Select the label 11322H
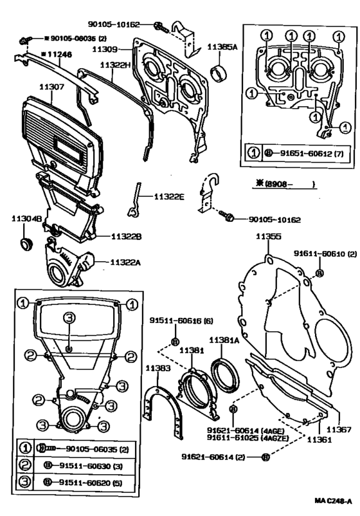click(115, 66)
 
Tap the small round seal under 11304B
click(26, 244)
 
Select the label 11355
click(268, 237)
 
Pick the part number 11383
click(157, 368)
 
